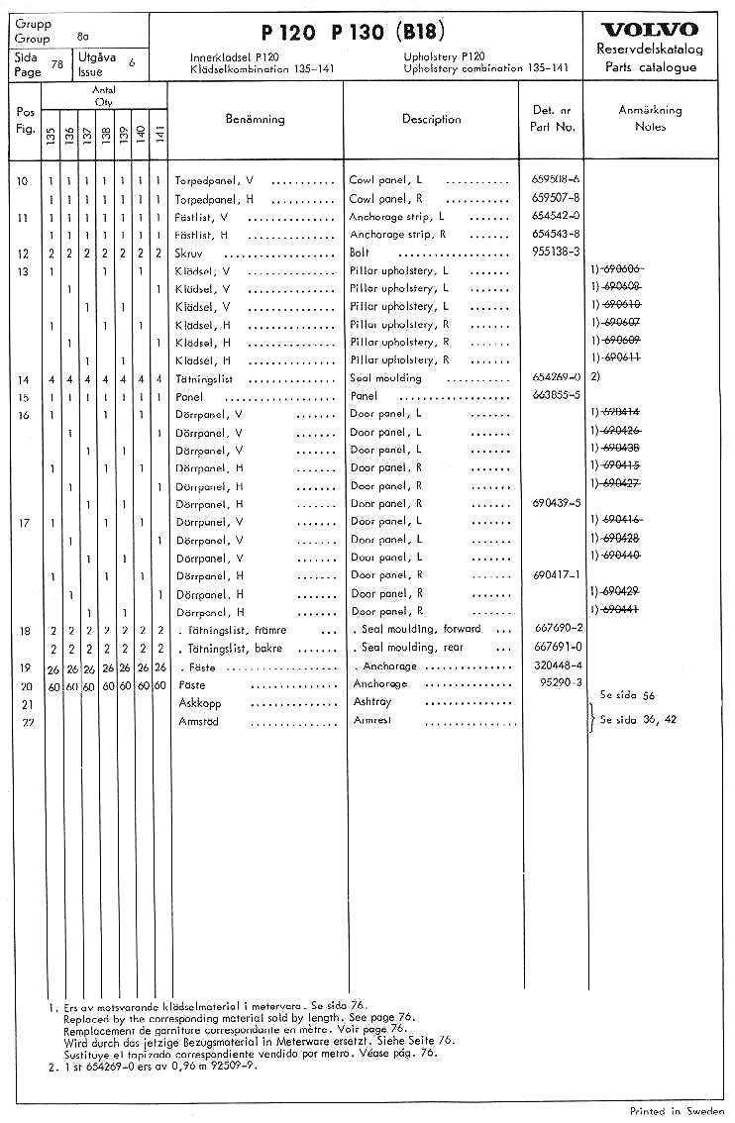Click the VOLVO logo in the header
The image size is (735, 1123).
point(650,29)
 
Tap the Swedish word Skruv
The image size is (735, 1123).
point(188,253)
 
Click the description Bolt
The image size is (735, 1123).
point(362,253)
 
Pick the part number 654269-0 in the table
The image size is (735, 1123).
point(555,378)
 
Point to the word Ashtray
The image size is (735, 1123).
point(372,701)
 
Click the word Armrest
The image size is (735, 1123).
point(372,720)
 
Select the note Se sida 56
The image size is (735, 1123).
point(627,696)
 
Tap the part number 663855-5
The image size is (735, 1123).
point(555,396)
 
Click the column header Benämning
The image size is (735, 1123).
point(255,119)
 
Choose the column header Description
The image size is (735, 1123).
point(431,119)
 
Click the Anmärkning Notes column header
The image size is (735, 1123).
point(650,119)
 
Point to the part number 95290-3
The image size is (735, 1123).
point(558,683)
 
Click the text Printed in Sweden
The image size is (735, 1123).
point(677,1111)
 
